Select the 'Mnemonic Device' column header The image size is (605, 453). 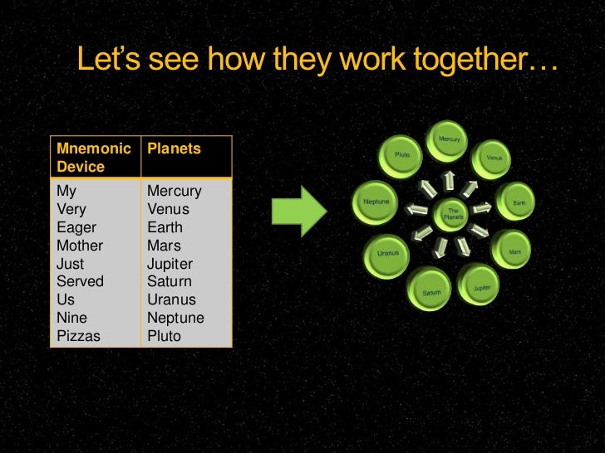[93, 158]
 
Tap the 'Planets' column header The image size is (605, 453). [174, 149]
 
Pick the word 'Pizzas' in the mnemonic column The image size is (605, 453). [78, 336]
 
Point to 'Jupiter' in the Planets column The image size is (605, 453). [170, 264]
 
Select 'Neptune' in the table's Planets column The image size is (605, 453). [175, 318]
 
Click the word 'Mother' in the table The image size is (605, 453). [80, 246]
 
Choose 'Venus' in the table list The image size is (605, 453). [168, 209]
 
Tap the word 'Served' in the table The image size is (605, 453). [80, 282]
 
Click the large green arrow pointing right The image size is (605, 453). [301, 211]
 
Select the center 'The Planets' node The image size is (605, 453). [453, 214]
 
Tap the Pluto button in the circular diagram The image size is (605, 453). [402, 156]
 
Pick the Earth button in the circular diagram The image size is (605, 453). [517, 202]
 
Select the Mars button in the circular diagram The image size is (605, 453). [514, 251]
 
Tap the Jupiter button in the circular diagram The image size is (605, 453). [481, 287]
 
